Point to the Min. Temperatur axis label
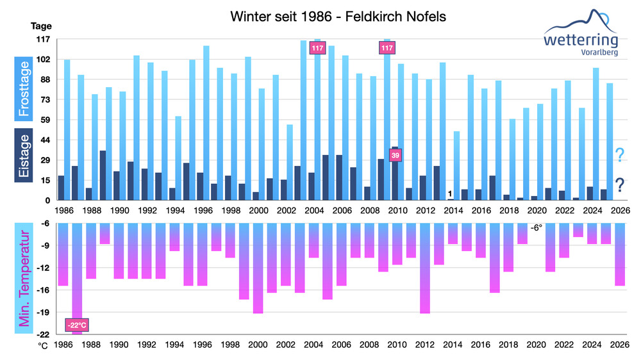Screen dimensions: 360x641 pyautogui.click(x=24, y=279)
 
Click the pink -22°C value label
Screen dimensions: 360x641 pyautogui.click(x=76, y=325)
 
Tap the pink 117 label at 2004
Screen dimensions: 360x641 pyautogui.click(x=317, y=48)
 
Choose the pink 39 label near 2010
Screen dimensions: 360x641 pyautogui.click(x=395, y=155)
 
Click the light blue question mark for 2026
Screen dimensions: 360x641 pyautogui.click(x=620, y=156)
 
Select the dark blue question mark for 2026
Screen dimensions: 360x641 pyautogui.click(x=620, y=186)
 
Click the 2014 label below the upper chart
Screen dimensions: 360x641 pyautogui.click(x=453, y=209)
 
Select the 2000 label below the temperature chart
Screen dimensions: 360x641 pyautogui.click(x=258, y=345)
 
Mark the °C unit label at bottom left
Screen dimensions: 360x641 pyautogui.click(x=43, y=345)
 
